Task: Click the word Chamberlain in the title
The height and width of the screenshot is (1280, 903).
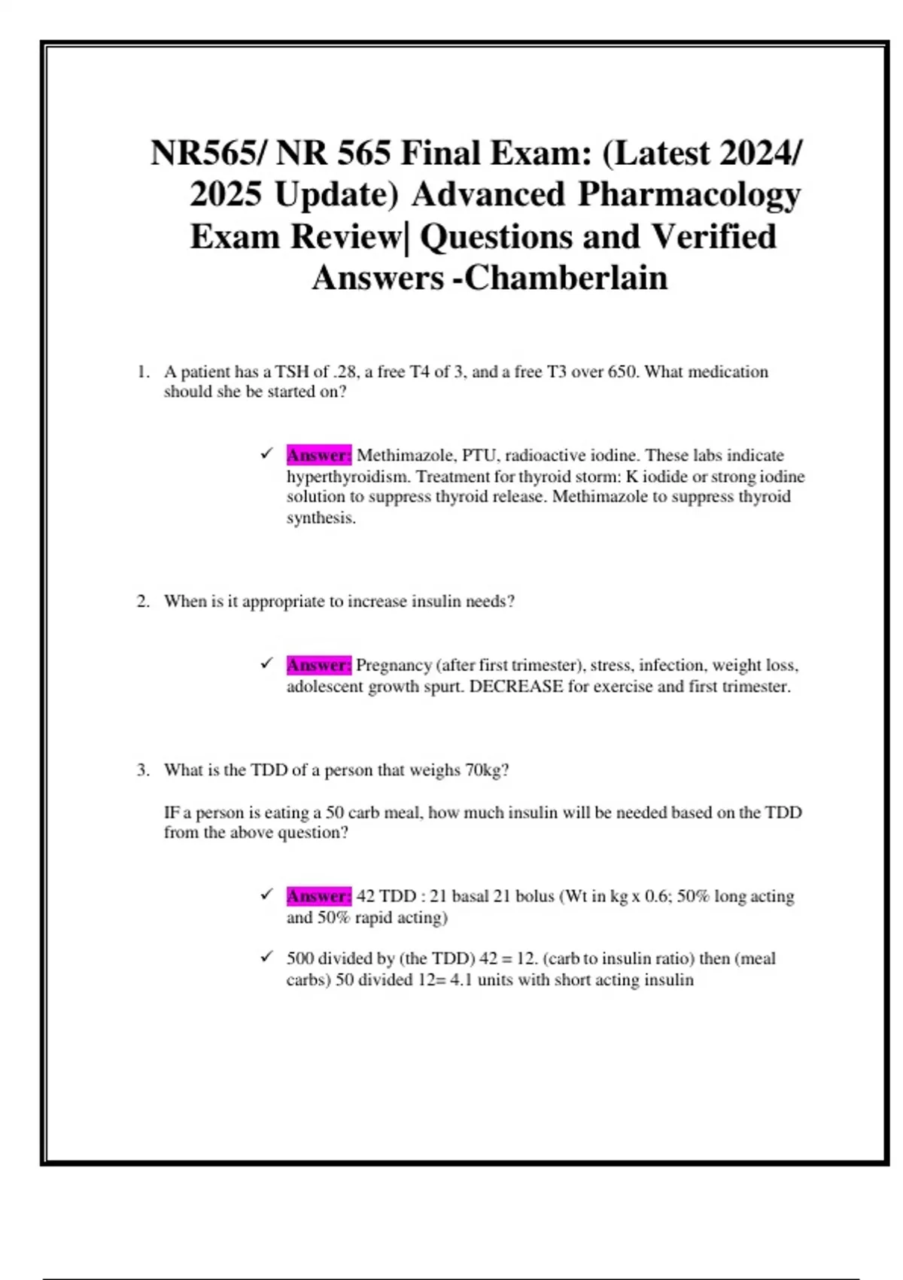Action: [x=566, y=278]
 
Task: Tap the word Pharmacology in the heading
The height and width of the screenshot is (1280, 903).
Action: [x=689, y=195]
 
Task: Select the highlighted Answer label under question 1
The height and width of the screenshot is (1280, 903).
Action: [x=318, y=455]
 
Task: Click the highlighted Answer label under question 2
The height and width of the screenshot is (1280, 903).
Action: [x=318, y=665]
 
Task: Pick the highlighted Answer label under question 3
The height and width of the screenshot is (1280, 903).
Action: [x=318, y=896]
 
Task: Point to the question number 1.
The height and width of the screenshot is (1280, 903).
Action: [x=143, y=372]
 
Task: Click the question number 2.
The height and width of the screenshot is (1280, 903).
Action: [x=143, y=602]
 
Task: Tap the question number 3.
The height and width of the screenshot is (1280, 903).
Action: [x=143, y=770]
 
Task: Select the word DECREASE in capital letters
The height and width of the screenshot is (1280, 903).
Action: [x=515, y=687]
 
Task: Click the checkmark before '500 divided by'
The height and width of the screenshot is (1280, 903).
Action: [x=266, y=957]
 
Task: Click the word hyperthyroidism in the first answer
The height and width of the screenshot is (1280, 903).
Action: [x=348, y=477]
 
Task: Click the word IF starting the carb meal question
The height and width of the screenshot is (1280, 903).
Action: [x=172, y=813]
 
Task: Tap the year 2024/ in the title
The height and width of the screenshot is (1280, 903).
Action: [x=760, y=154]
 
